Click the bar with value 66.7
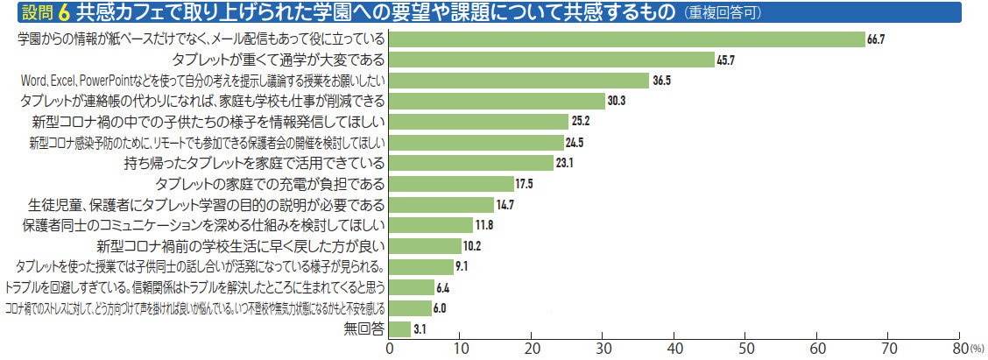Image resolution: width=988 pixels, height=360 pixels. (626, 39)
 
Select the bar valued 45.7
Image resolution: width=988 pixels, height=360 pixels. (551, 60)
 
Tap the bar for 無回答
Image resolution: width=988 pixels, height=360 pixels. (399, 328)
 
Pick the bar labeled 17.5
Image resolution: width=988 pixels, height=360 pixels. (450, 184)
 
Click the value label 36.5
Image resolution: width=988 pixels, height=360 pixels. (662, 81)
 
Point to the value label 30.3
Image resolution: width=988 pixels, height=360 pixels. (617, 101)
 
